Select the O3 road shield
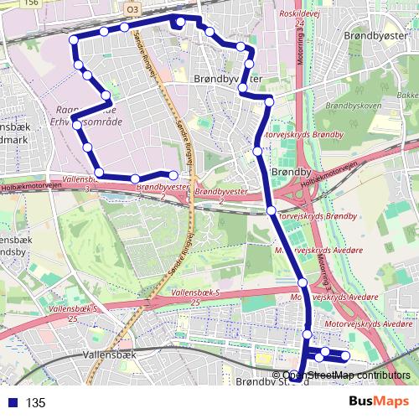click(x=132, y=8)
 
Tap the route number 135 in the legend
click(x=36, y=402)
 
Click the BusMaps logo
click(x=377, y=401)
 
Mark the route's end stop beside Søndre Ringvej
click(x=173, y=175)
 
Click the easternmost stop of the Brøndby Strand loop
click(x=345, y=358)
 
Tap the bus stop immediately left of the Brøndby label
click(x=258, y=152)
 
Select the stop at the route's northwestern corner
click(x=74, y=40)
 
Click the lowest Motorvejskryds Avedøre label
click(x=368, y=323)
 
